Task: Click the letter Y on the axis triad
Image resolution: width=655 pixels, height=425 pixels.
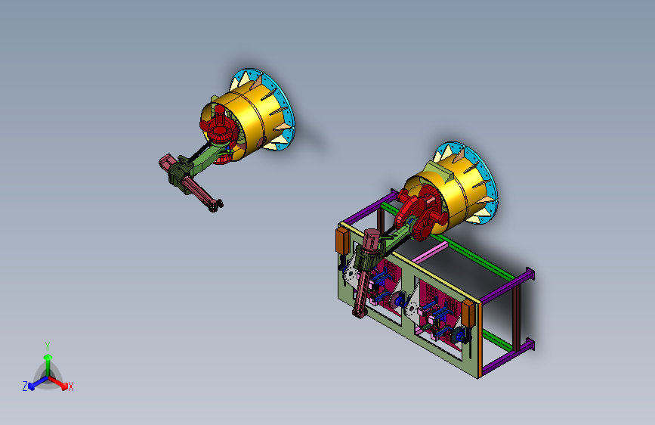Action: click(x=48, y=346)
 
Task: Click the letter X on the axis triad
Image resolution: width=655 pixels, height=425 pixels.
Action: click(x=71, y=387)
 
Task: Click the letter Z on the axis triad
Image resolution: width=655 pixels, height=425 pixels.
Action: click(x=25, y=386)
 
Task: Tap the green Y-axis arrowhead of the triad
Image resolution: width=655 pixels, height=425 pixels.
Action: click(x=48, y=357)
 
